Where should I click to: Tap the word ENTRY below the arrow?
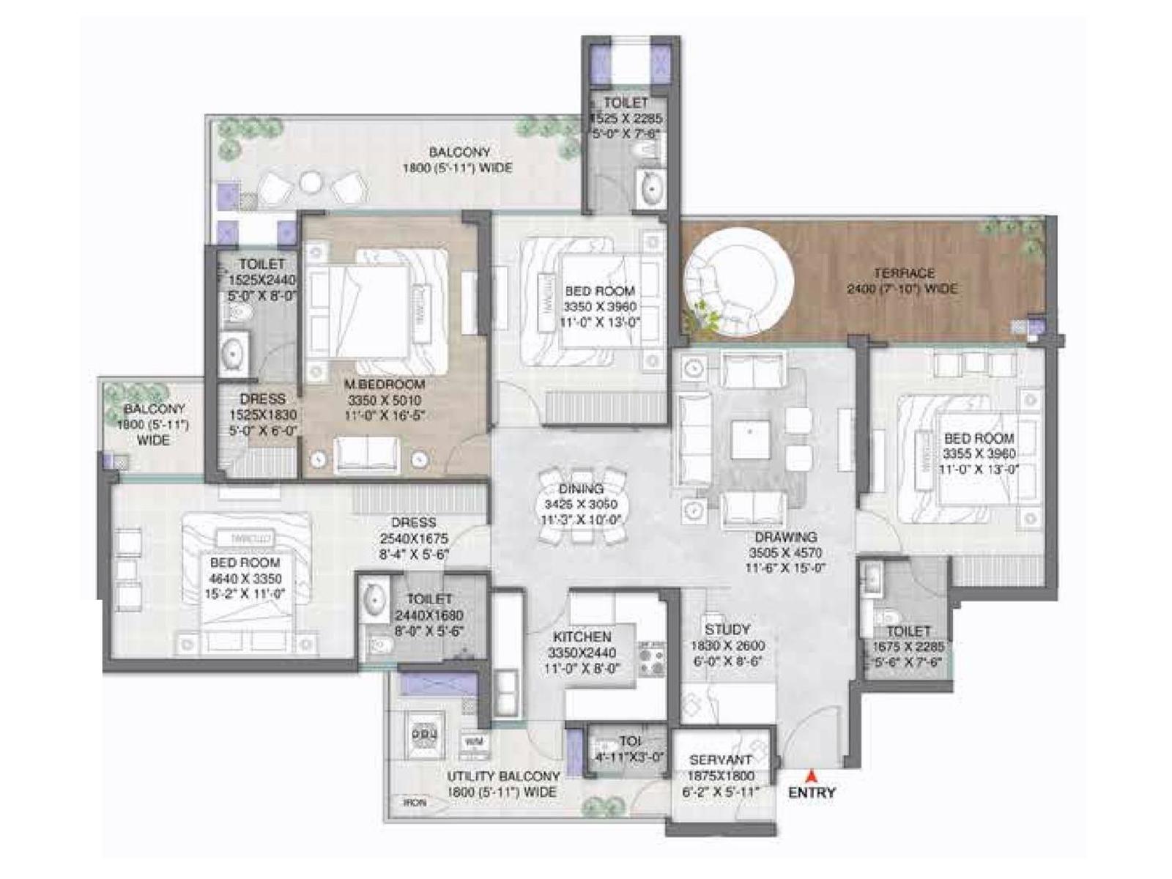point(812,793)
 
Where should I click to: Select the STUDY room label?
point(727,629)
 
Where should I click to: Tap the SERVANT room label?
point(720,760)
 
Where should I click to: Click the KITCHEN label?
point(582,637)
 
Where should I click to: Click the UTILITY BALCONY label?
point(503,776)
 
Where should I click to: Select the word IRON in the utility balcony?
point(414,803)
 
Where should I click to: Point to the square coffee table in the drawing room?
point(749,439)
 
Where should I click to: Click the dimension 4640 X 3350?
point(245,579)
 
